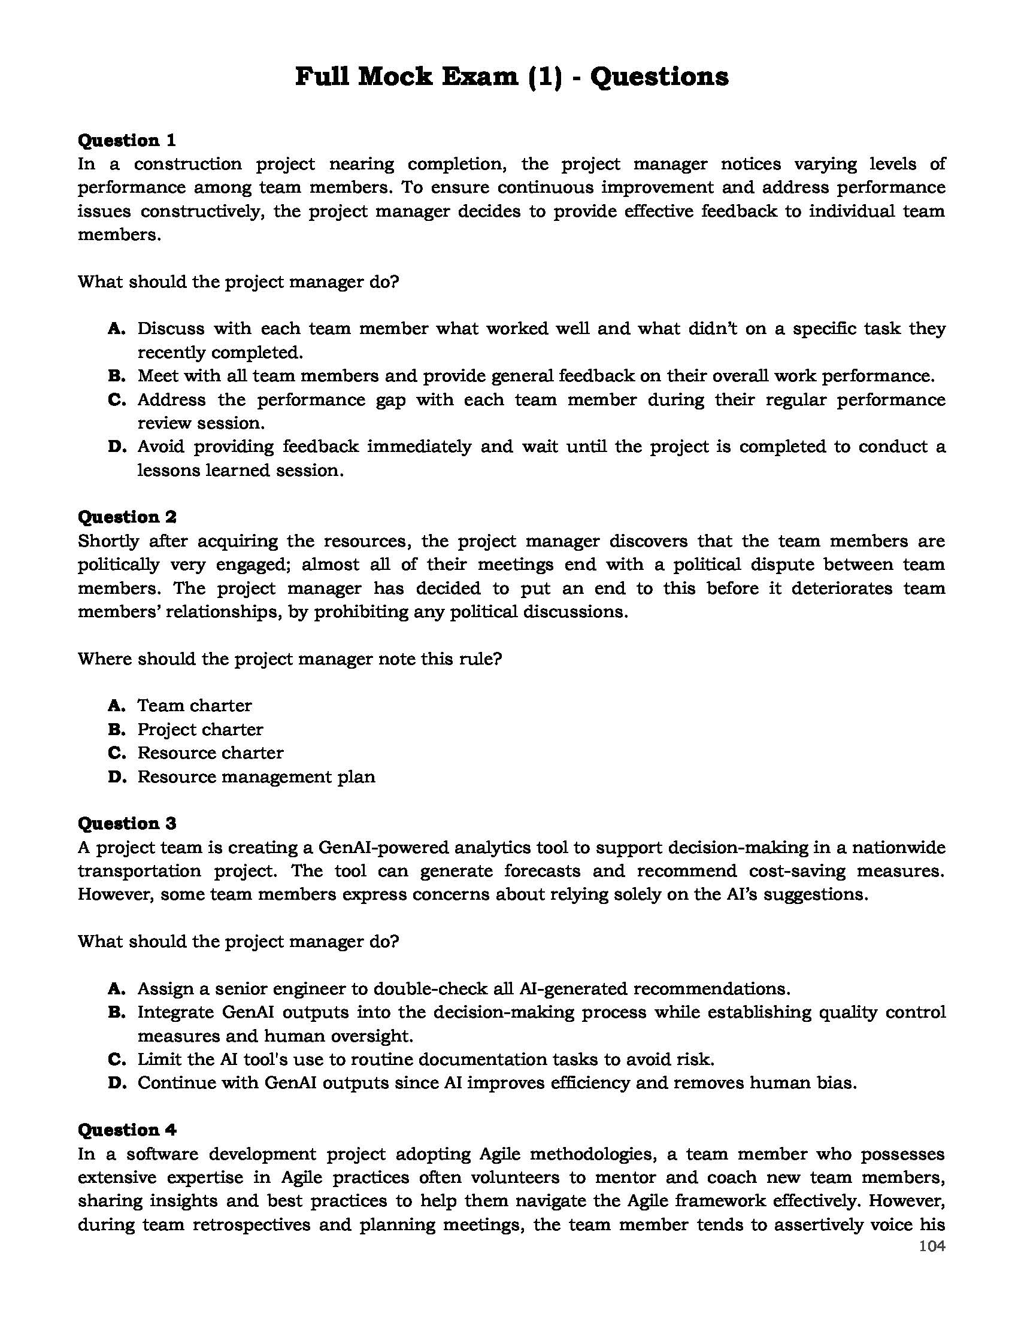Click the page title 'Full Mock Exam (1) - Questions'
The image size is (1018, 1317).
[511, 77]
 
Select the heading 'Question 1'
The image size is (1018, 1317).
[126, 141]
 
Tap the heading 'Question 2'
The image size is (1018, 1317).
[126, 517]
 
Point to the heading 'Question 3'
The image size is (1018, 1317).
[126, 823]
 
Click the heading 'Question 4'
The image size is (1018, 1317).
[126, 1130]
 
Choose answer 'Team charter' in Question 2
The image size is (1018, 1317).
[194, 705]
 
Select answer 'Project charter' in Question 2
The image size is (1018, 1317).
[200, 729]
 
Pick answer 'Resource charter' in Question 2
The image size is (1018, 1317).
[210, 752]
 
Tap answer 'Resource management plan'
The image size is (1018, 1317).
[256, 776]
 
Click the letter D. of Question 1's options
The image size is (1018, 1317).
[116, 447]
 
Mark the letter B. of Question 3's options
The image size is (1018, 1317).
[116, 1012]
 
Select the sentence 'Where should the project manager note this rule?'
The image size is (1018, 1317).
[289, 658]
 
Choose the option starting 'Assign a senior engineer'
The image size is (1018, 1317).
[463, 988]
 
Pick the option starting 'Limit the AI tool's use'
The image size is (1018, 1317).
[425, 1059]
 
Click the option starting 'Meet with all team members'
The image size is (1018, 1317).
[535, 376]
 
